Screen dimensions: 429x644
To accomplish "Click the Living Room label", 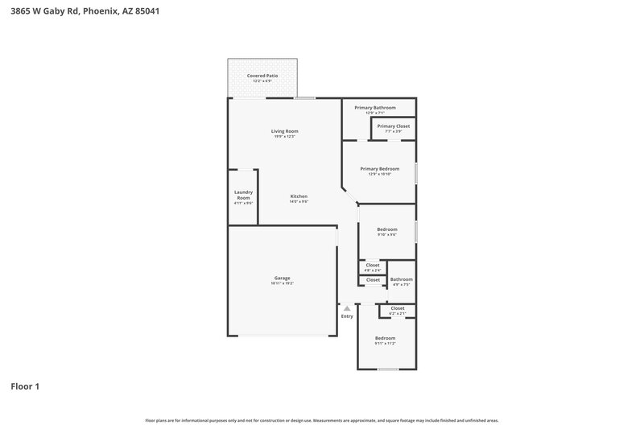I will click(284, 131).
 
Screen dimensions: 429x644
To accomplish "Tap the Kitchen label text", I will click(299, 196).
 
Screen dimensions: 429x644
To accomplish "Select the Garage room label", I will click(282, 278).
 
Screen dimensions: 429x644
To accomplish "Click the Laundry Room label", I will click(243, 195).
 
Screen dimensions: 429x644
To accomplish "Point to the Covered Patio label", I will click(262, 76).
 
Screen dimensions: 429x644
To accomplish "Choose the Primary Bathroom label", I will click(380, 107).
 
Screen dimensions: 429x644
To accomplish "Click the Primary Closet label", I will click(393, 126).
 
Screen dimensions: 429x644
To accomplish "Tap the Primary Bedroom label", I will click(379, 169).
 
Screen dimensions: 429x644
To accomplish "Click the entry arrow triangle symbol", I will click(347, 307).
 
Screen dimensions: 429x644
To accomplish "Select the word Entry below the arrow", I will click(347, 316).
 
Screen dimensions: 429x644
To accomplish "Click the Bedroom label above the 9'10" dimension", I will click(387, 229).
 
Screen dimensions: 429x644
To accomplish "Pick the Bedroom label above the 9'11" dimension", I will click(385, 338).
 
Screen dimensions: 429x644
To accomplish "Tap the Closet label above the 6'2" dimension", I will click(397, 308).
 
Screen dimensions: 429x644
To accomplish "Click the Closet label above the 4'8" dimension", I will click(372, 265).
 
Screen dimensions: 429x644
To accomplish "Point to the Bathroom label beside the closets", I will click(401, 279).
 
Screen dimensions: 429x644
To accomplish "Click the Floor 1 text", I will click(25, 386).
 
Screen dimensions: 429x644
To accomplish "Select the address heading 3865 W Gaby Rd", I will click(79, 11).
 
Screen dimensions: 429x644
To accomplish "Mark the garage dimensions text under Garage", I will click(282, 284).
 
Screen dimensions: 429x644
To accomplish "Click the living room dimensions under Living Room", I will click(284, 137).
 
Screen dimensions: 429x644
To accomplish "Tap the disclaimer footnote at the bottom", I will click(321, 420).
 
